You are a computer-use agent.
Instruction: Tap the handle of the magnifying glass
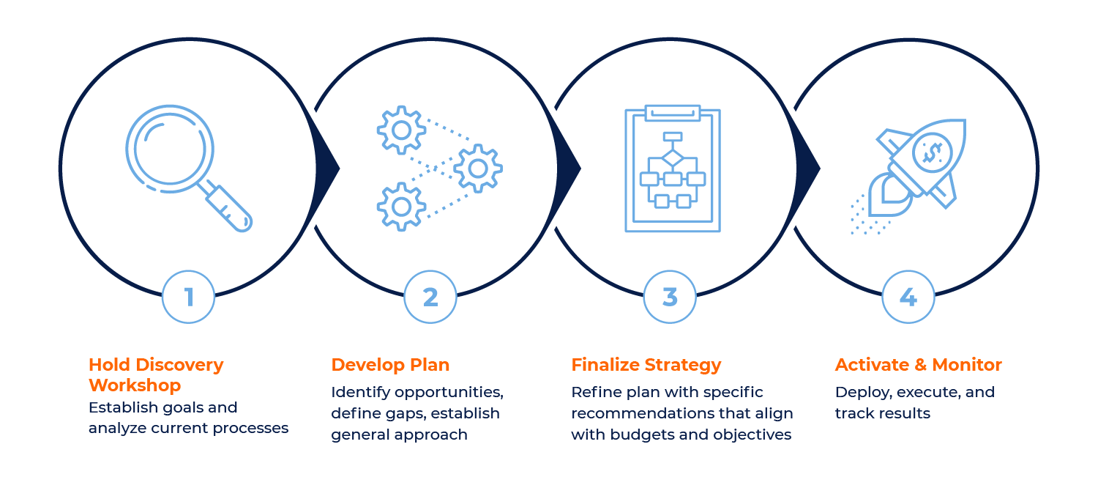229,208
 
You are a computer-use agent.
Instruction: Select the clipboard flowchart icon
673,169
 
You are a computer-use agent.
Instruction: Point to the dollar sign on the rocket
932,152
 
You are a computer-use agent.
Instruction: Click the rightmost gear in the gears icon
478,169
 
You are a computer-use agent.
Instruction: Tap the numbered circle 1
189,297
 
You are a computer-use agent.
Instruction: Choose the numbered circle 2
430,297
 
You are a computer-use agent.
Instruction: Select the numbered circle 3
670,297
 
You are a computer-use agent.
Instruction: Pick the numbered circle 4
908,297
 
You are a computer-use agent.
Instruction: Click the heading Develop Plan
390,365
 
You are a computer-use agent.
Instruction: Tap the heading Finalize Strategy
646,365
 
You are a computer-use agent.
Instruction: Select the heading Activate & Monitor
918,365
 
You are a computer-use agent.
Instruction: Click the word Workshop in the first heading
135,385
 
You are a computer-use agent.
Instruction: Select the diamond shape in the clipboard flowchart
672,158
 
